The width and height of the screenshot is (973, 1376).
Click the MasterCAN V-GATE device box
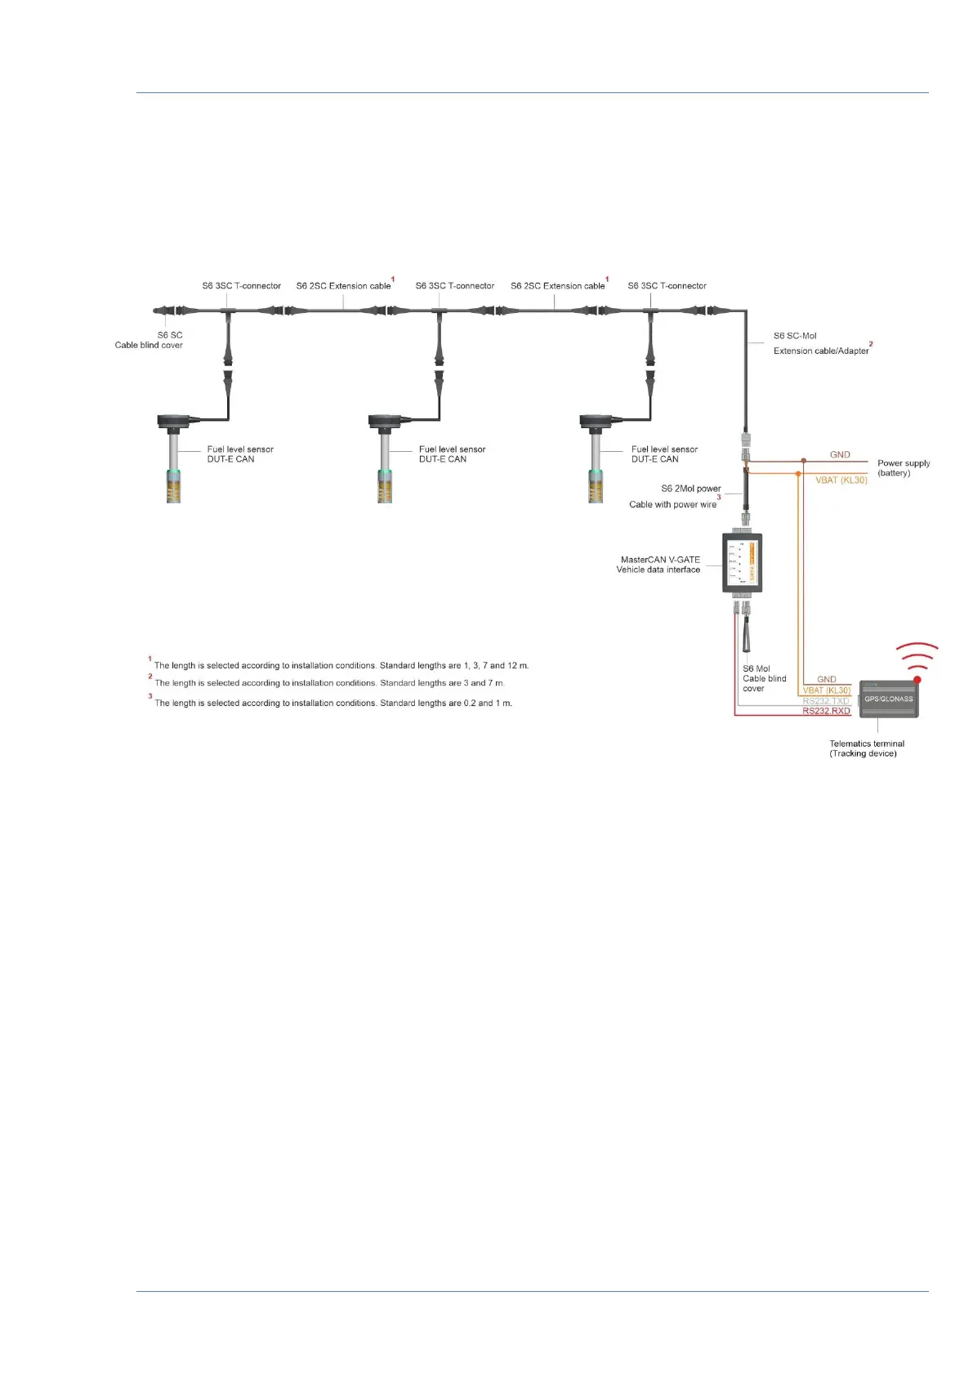point(742,563)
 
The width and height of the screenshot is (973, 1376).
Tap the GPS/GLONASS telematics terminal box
point(889,699)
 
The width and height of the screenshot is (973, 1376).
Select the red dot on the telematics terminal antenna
point(917,679)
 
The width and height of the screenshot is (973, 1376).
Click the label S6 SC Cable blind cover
point(150,340)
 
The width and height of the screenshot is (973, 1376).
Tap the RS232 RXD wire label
point(826,711)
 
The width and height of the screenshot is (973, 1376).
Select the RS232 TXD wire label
point(826,701)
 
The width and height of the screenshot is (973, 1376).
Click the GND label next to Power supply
point(840,454)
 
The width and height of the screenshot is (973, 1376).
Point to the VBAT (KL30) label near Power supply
point(841,480)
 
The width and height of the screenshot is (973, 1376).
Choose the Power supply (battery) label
point(903,467)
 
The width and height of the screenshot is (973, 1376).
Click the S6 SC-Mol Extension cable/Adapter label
point(821,343)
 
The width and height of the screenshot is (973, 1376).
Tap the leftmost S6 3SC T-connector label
point(242,286)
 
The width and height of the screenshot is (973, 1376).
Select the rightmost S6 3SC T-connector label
point(667,286)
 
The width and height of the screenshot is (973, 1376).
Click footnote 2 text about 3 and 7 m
point(329,683)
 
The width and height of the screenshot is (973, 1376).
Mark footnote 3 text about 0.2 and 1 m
point(333,703)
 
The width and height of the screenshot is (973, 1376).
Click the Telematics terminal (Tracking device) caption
point(866,748)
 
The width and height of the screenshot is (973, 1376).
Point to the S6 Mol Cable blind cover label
point(764,678)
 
